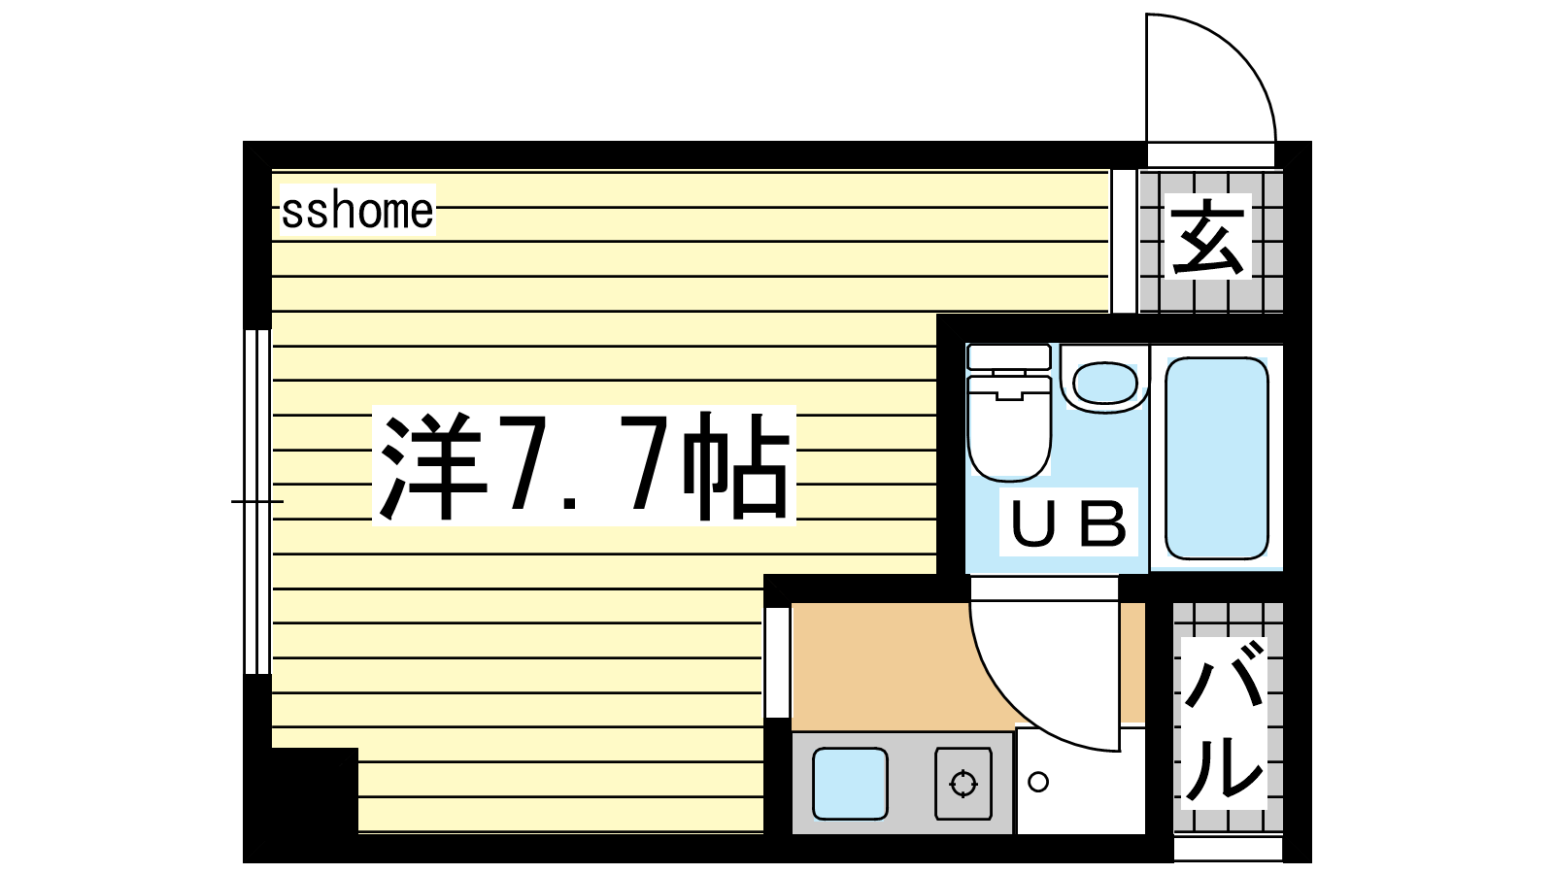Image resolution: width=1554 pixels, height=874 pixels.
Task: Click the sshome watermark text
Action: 357,211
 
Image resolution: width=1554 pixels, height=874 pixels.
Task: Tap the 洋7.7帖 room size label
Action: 584,466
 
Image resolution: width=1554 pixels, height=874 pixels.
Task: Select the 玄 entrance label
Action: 1207,237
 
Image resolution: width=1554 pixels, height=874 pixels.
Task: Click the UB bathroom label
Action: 1068,522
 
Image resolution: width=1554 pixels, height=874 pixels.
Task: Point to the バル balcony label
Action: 1223,723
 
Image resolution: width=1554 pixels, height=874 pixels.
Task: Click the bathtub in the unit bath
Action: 1217,458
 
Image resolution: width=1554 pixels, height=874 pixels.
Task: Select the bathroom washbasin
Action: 1105,383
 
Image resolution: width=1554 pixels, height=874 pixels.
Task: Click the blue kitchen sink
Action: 850,784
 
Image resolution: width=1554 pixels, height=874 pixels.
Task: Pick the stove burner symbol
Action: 963,784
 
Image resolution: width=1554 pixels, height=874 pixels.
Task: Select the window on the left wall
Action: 257,501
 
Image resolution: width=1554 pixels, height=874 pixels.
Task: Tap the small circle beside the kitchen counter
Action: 1038,783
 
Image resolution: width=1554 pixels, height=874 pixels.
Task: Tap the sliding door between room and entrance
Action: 1124,241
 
